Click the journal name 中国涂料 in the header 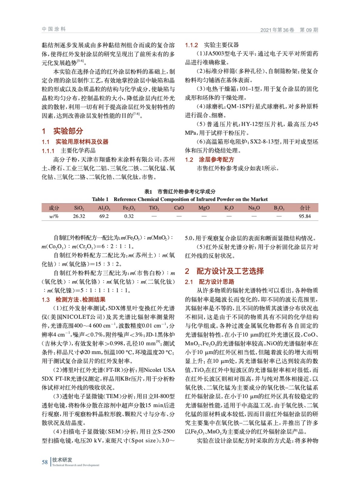click(54, 29)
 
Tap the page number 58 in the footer click(45, 462)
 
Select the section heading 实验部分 click(68, 131)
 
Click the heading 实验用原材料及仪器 click(82, 142)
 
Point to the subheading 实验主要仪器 click(221, 45)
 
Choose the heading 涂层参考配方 click(216, 159)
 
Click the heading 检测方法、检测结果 click(80, 299)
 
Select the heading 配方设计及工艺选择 click(230, 271)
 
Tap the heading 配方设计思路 click(216, 282)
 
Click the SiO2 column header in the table click(79, 208)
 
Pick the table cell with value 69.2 click(104, 216)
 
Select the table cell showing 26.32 click(79, 216)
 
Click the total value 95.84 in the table click(304, 216)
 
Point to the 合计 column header click(304, 208)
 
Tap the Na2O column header click(254, 208)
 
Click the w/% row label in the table click(54, 216)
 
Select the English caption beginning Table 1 click(180, 199)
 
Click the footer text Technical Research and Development click(76, 465)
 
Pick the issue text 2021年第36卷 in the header click(277, 30)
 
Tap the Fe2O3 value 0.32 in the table click(129, 216)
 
